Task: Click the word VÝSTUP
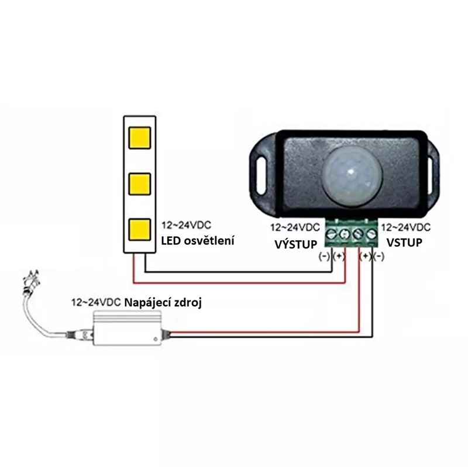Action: (296, 243)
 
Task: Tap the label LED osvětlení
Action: (198, 240)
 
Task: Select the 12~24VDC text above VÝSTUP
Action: (295, 227)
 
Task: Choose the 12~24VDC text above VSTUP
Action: (407, 227)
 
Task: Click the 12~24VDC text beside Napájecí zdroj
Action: (95, 303)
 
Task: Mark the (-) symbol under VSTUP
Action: (378, 256)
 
